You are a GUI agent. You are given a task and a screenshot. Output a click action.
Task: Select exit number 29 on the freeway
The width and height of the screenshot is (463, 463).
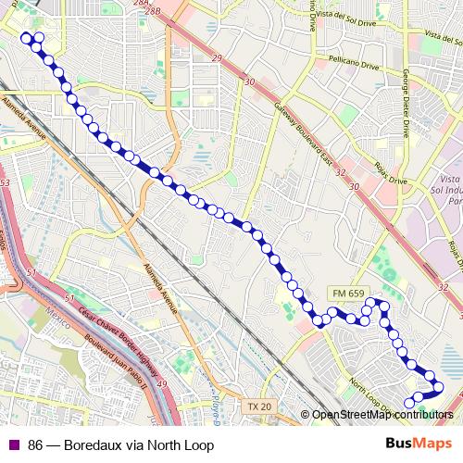pos(218,59)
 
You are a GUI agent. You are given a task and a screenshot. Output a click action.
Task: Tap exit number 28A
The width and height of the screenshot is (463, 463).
pos(141,5)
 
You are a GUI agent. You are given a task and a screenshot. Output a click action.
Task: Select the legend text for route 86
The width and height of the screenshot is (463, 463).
pos(120,445)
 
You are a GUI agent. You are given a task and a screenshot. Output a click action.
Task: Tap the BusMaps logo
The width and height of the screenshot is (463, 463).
pos(419,444)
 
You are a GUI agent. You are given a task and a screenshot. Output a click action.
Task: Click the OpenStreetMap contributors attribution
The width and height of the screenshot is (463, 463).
pos(382,414)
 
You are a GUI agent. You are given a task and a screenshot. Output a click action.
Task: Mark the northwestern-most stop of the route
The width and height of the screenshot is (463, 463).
pos(26,37)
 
